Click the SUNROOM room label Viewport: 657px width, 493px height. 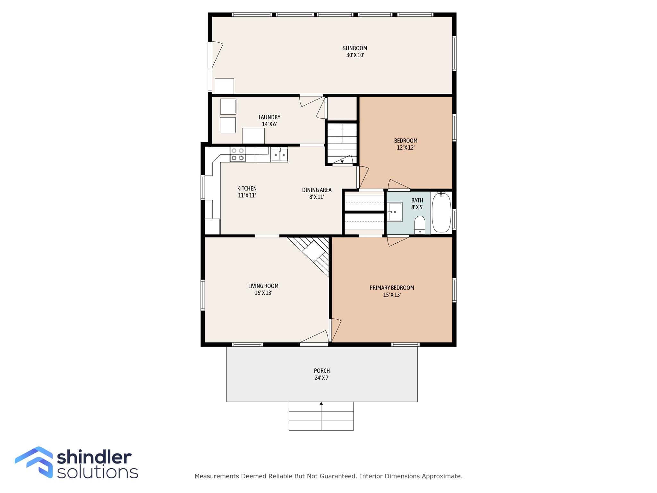[x=355, y=48]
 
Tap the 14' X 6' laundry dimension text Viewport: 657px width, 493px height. [x=269, y=124]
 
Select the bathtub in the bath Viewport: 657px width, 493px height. [x=441, y=212]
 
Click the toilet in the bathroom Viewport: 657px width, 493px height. [x=420, y=224]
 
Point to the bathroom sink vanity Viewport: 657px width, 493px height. [x=395, y=212]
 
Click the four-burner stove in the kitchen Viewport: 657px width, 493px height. [x=237, y=154]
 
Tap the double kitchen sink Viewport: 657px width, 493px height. [x=279, y=155]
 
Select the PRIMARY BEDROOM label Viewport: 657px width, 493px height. [x=392, y=288]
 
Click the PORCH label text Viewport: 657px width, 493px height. [x=322, y=371]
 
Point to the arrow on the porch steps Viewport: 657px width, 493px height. [x=321, y=404]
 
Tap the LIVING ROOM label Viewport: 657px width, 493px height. [x=263, y=286]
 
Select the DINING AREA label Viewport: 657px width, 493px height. [x=317, y=190]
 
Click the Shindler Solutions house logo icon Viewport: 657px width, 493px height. [x=34, y=462]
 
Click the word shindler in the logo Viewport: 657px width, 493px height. [x=94, y=457]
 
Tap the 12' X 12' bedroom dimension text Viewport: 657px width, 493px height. [x=405, y=148]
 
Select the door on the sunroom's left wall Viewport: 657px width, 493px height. [x=216, y=55]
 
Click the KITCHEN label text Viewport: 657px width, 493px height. [x=247, y=188]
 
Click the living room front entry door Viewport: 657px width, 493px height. [x=314, y=338]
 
